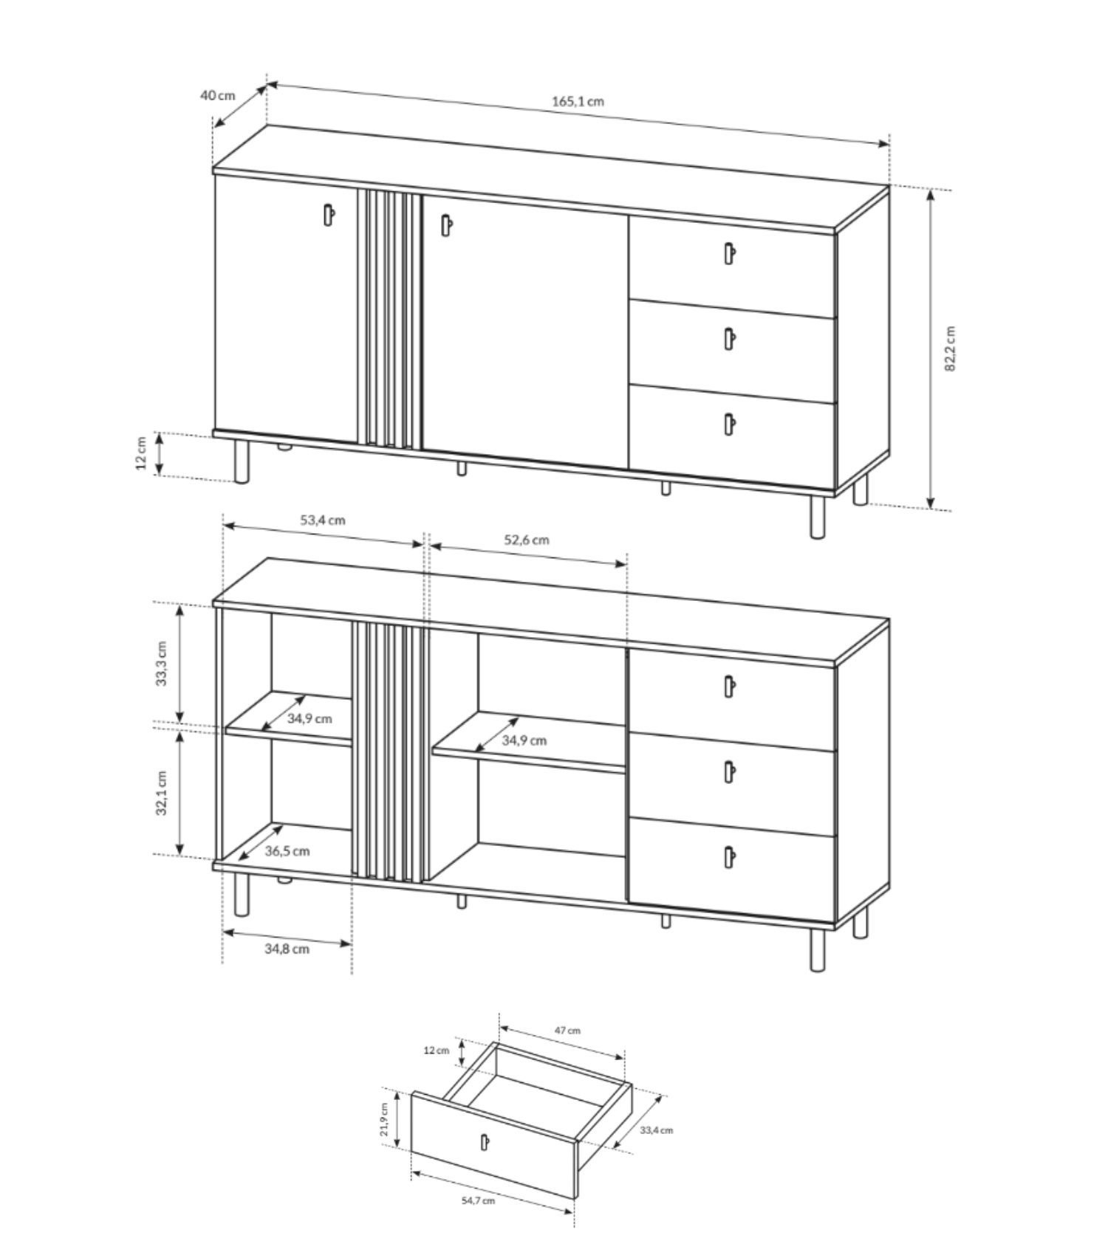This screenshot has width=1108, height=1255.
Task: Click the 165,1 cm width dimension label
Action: [x=578, y=101]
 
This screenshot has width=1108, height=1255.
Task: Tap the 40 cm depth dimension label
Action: [x=217, y=95]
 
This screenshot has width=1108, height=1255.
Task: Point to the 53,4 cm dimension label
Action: [x=323, y=520]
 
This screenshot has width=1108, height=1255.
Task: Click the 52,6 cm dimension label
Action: [x=527, y=540]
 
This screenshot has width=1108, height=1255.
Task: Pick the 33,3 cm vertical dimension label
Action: [x=162, y=664]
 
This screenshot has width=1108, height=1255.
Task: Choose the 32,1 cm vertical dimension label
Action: [x=162, y=794]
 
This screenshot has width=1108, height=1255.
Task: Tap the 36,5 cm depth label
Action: [x=287, y=851]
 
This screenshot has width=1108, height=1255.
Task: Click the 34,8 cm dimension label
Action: [x=287, y=949]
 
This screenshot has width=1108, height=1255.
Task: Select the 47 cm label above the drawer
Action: [x=567, y=1031]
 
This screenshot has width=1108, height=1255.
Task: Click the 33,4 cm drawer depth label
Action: [x=656, y=1129]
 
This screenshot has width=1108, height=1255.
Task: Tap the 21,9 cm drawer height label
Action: [x=384, y=1120]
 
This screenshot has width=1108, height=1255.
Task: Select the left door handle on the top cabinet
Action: [x=329, y=214]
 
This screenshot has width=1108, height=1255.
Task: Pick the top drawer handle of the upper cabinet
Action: [x=729, y=253]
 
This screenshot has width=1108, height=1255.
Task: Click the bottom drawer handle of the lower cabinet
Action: [x=729, y=856]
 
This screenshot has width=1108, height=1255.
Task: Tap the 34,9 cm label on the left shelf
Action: [x=310, y=718]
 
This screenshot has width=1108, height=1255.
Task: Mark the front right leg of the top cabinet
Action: [x=817, y=516]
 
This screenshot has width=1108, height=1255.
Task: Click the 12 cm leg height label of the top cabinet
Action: [x=141, y=455]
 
